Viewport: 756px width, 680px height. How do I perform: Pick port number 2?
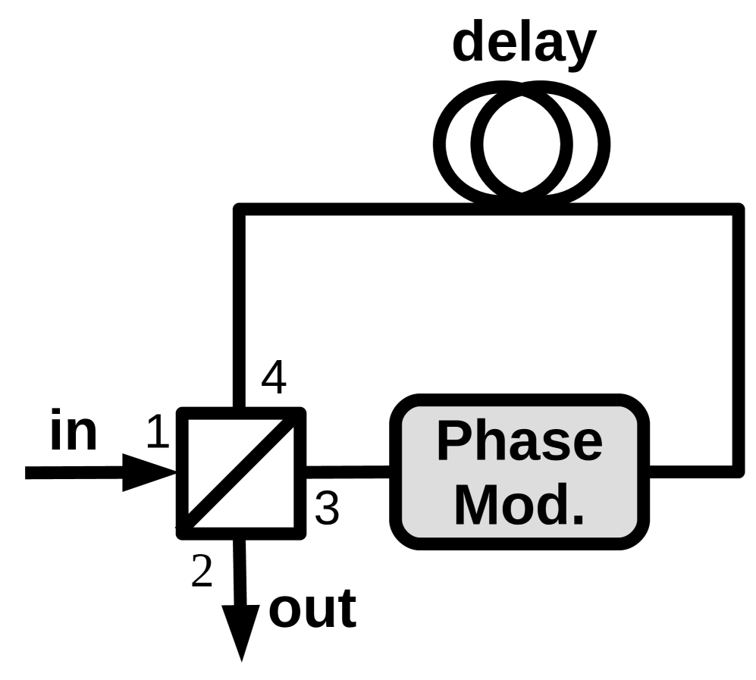coord(202,572)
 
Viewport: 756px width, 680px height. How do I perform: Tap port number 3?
coord(327,509)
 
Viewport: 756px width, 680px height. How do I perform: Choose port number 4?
coord(274,378)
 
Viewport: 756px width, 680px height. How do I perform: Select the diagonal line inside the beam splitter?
coord(241,472)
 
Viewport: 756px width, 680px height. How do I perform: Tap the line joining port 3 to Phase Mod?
coord(347,472)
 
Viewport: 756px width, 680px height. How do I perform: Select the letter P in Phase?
coord(454,441)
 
